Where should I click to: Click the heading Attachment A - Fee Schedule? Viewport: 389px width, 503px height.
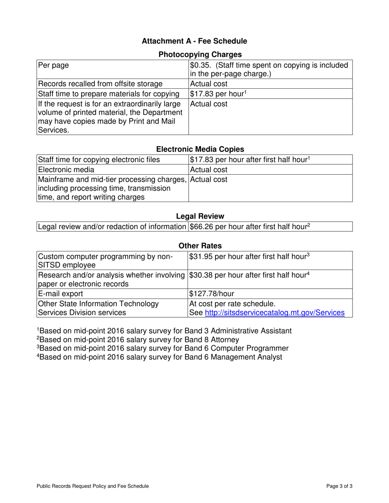pos(194,41)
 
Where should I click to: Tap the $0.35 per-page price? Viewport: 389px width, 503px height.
pos(199,65)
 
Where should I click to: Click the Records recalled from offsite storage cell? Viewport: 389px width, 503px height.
pos(100,84)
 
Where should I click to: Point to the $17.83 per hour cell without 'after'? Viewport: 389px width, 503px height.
pos(218,94)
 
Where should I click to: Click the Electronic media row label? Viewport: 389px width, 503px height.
pos(66,169)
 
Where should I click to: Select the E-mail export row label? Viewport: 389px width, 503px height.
pos(60,294)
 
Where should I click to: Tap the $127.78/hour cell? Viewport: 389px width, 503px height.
pos(212,294)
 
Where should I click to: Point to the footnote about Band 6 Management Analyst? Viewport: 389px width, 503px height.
pos(159,357)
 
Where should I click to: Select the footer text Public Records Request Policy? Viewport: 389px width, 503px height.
pos(93,486)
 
